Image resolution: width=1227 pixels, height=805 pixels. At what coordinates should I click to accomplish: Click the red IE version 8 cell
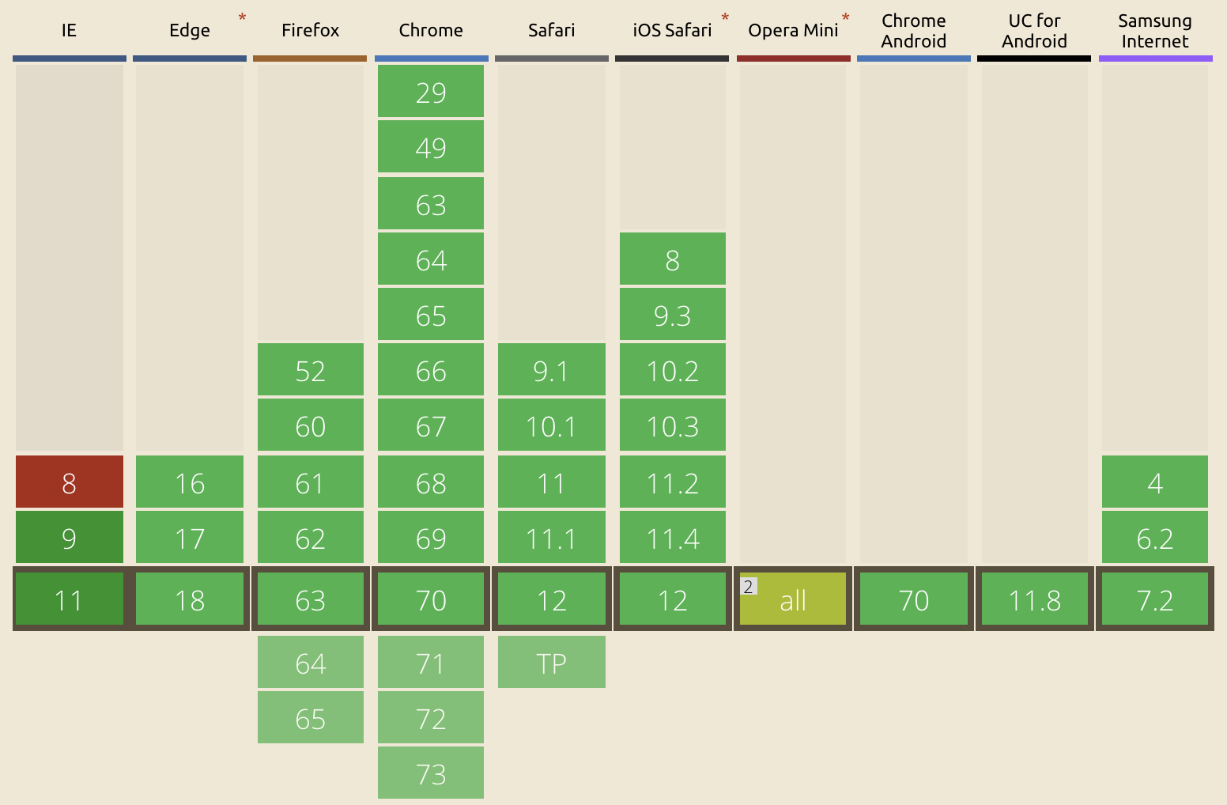70,482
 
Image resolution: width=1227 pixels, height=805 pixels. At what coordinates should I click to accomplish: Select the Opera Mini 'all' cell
793,599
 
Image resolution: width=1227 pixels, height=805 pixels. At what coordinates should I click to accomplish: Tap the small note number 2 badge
748,587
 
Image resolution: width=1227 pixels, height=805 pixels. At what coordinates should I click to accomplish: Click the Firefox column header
310,31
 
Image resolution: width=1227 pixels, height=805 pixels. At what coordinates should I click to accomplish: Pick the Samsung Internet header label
1155,32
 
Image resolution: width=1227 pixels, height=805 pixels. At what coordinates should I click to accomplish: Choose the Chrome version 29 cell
431,92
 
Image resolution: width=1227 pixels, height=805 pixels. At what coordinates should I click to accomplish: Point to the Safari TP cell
551,663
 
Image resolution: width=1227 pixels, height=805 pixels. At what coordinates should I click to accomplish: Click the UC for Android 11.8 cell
1034,599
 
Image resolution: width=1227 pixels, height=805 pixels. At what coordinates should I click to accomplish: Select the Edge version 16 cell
190,482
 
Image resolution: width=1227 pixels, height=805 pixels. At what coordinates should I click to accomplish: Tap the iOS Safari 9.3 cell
672,315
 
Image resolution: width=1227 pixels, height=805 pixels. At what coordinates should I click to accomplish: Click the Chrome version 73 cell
431,773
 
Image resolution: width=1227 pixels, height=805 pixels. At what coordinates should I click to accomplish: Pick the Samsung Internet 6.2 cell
1155,538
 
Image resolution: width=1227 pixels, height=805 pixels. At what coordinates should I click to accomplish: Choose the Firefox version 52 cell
310,370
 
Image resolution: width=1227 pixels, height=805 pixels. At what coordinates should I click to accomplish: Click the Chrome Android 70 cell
913,599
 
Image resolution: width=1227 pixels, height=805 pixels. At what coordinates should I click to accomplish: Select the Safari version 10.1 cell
551,425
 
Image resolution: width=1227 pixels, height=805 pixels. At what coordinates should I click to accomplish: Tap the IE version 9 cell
70,538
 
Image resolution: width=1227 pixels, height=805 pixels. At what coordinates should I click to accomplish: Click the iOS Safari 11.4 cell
672,538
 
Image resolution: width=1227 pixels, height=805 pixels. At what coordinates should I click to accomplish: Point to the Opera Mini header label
793,31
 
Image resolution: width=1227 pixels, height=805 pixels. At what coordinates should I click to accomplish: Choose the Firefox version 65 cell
310,718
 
